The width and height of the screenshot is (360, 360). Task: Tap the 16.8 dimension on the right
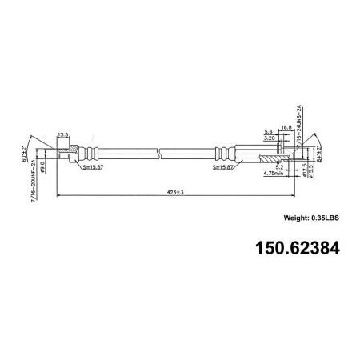click(x=286, y=126)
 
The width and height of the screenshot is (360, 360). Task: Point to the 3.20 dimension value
click(x=270, y=138)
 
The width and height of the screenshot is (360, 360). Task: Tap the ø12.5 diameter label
click(x=303, y=170)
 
